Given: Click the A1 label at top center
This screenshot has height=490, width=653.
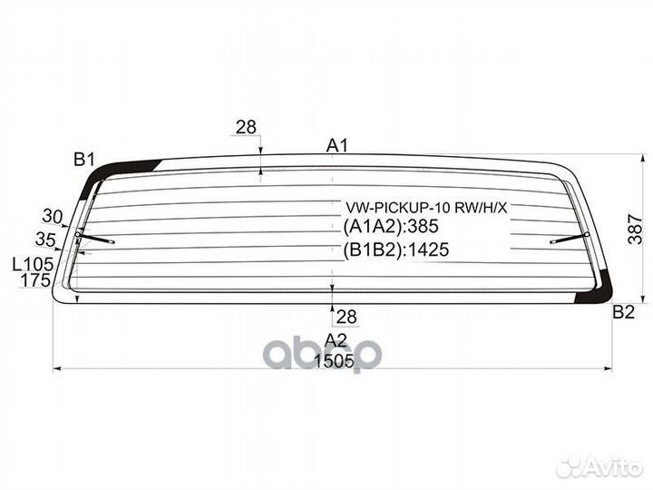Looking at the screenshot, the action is tap(336, 146).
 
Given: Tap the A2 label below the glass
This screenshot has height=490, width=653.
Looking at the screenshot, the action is tap(336, 340).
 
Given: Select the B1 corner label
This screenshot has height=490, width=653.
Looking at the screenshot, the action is tap(84, 159).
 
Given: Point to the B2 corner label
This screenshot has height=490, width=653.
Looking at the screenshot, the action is tap(623, 311).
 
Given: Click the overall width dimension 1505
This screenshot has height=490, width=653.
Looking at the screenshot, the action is tap(334, 361).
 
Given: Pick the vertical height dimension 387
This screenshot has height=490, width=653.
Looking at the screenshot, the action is tap(636, 229).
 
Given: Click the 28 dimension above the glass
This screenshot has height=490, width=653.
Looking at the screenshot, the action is tap(246, 127).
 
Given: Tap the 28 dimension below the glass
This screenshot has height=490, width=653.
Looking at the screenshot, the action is tap(346, 317).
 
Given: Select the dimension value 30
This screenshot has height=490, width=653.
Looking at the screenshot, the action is tap(53, 216).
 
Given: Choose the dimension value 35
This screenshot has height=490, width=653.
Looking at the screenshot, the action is tap(45, 240).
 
